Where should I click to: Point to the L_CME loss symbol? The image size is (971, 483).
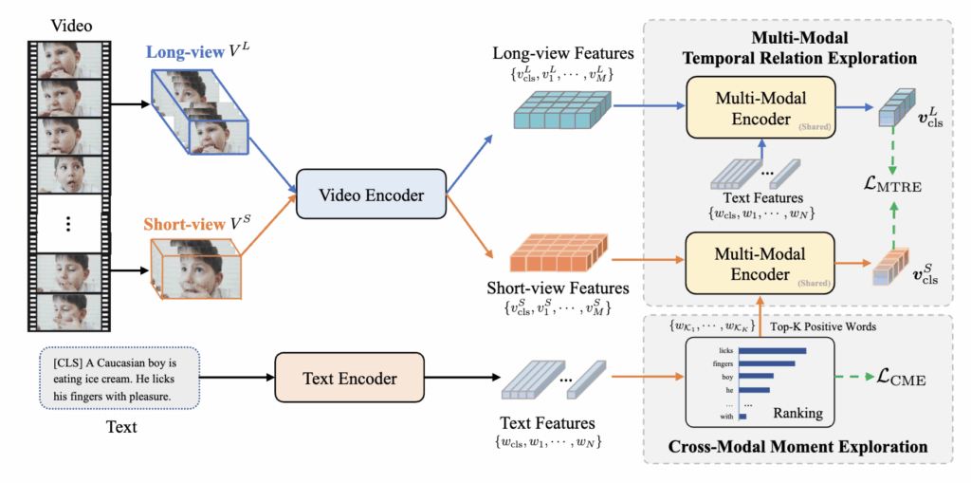[896, 381]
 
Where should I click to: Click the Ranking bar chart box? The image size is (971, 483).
[755, 382]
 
